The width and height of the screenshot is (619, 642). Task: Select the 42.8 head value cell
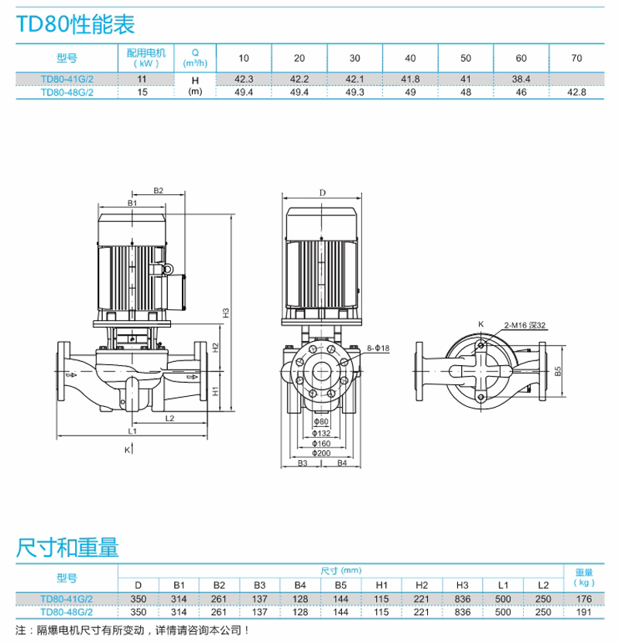click(576, 91)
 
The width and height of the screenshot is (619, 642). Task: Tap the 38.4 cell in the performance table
click(521, 78)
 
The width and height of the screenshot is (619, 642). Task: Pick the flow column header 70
click(576, 58)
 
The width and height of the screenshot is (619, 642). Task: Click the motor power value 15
click(142, 91)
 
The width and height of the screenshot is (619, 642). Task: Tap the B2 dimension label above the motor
click(158, 190)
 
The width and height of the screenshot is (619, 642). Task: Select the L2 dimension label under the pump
click(169, 418)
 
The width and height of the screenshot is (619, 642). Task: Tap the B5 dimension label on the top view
click(558, 371)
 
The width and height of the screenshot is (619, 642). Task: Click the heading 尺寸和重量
click(68, 549)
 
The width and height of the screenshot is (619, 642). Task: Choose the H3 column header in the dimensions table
click(462, 585)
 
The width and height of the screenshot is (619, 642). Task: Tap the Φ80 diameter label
click(322, 422)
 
